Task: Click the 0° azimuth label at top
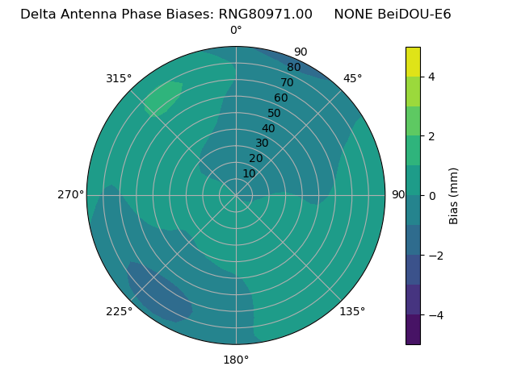[236, 31]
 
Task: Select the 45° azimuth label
[352, 78]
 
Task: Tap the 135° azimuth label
[352, 311]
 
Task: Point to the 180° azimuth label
[236, 360]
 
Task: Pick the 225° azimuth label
[119, 311]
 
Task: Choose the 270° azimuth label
[70, 194]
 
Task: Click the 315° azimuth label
[119, 78]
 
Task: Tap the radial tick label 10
[249, 173]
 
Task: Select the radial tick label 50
[274, 113]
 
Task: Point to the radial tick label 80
[293, 67]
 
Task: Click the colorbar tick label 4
[431, 77]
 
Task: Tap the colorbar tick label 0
[431, 195]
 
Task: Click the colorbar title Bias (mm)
[454, 195]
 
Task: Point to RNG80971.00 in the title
[266, 14]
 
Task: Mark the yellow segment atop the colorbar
[413, 61]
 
